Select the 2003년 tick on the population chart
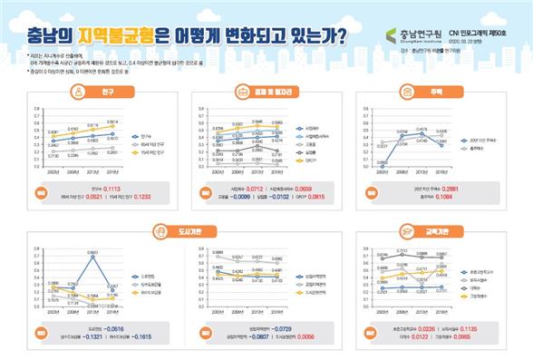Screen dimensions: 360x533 pyautogui.click(x=53, y=171)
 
